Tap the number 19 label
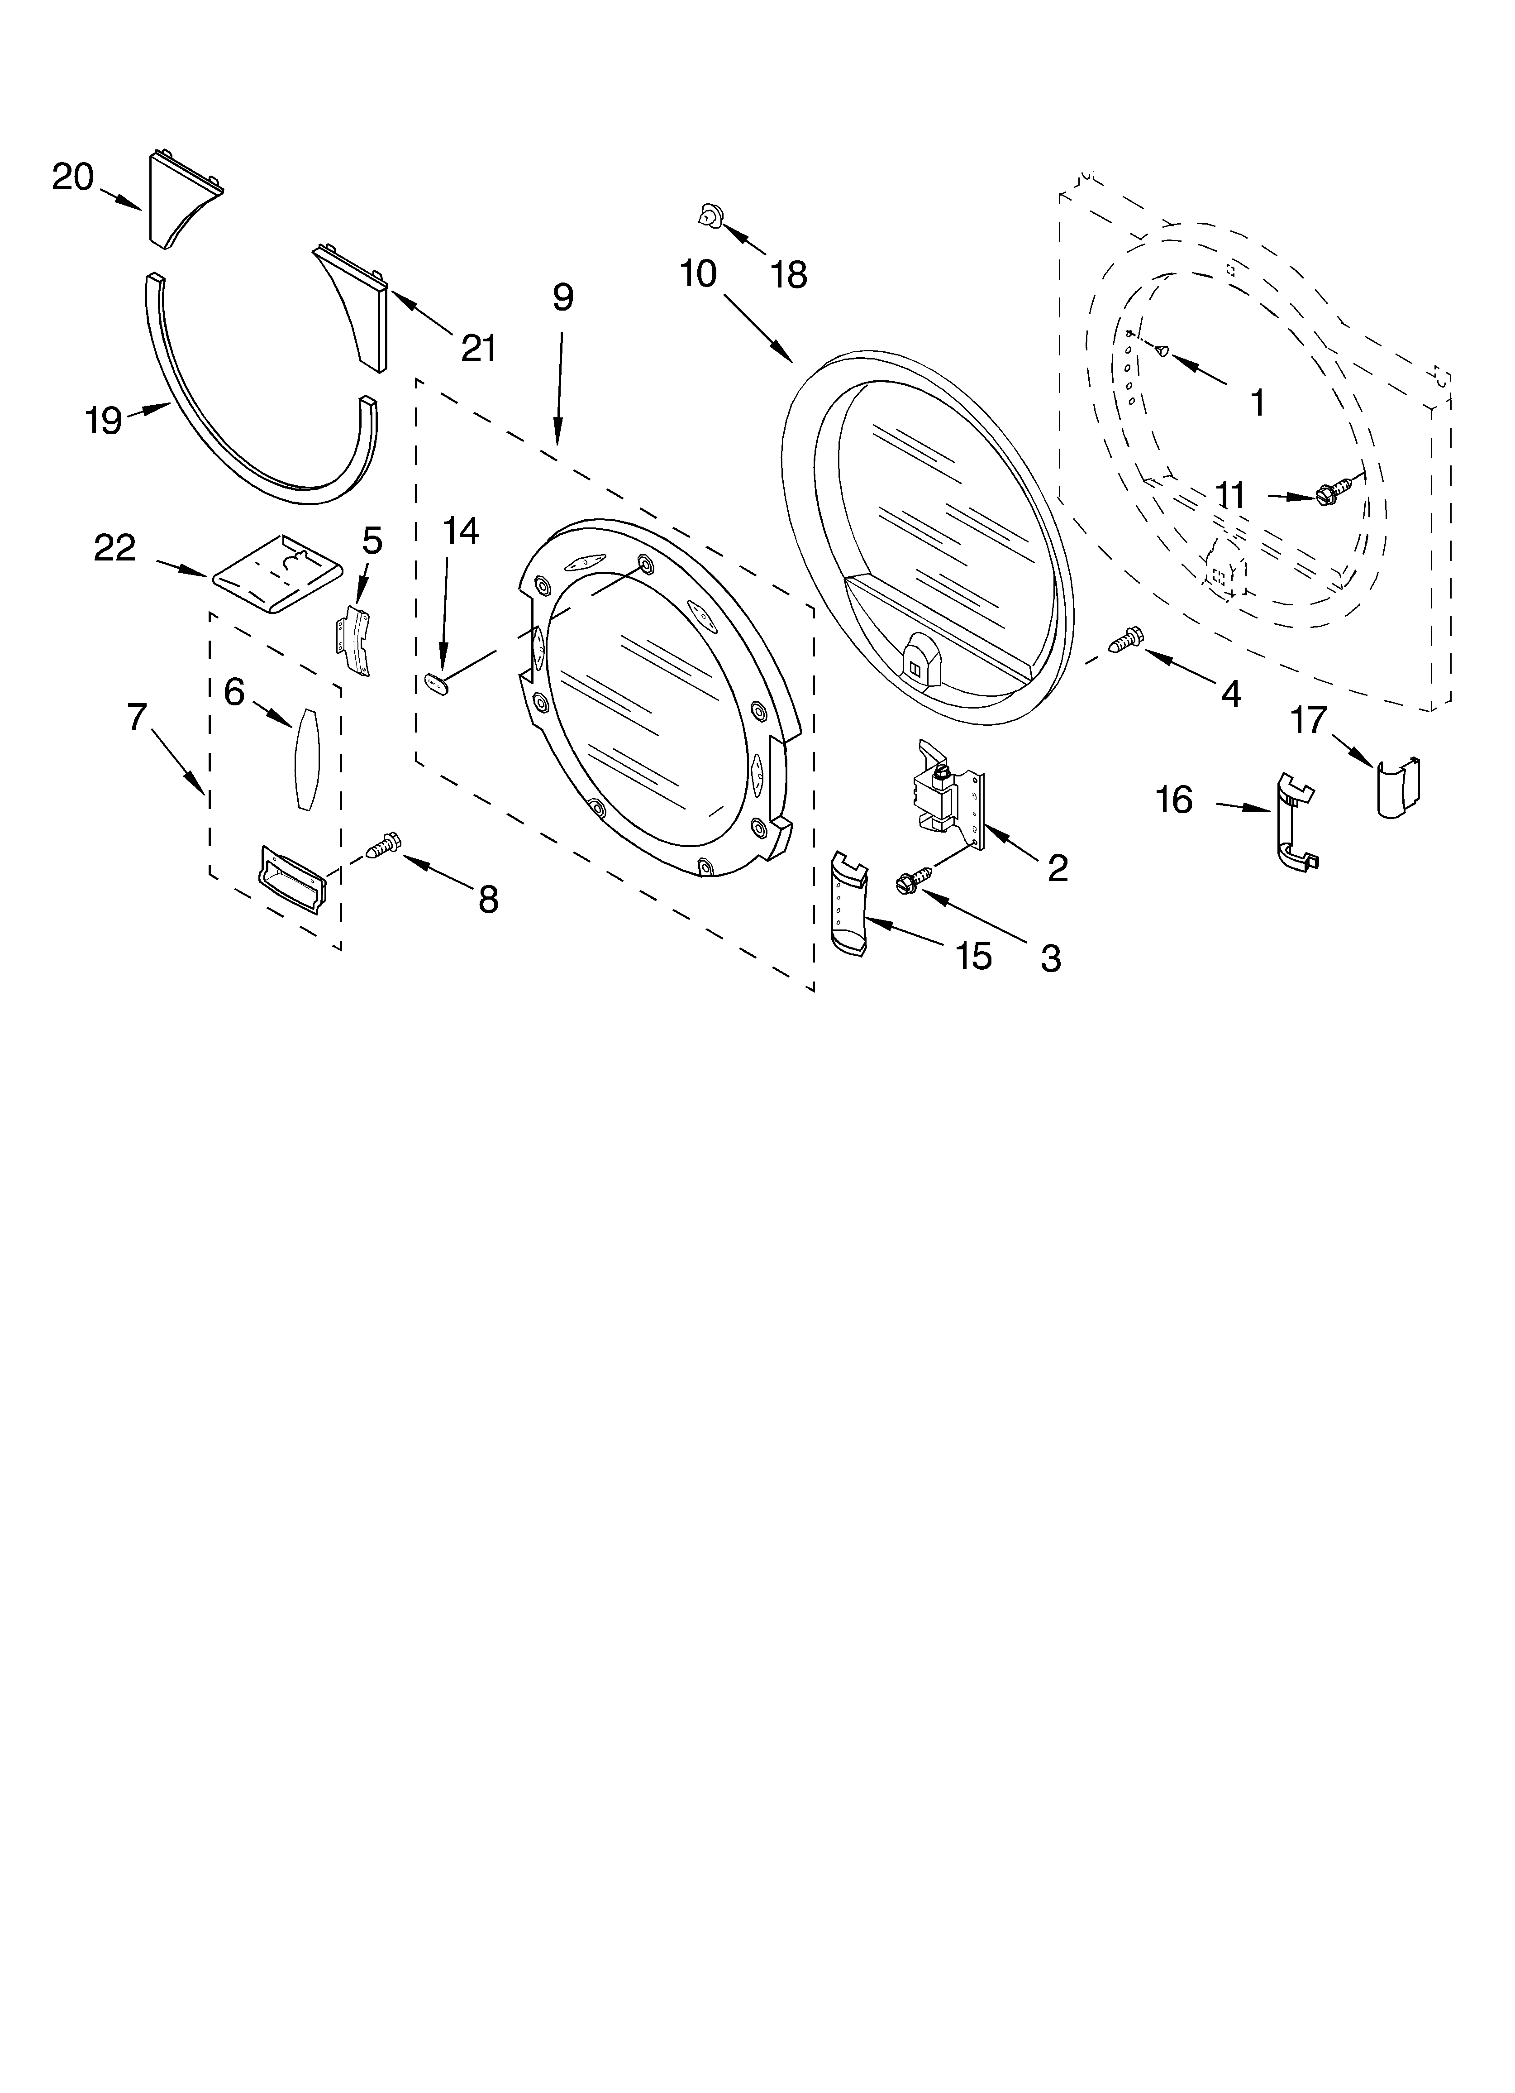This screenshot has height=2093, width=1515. pyautogui.click(x=103, y=421)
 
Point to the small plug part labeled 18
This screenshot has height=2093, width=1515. pyautogui.click(x=709, y=216)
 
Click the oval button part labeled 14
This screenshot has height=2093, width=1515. pyautogui.click(x=435, y=684)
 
